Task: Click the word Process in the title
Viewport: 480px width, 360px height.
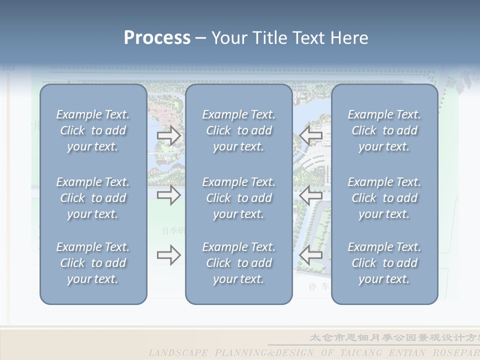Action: point(157,38)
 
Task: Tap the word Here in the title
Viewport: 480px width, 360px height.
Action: point(349,38)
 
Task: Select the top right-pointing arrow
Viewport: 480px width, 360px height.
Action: point(169,135)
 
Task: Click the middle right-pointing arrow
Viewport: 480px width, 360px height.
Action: point(169,195)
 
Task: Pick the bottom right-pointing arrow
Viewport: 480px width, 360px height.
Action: point(169,255)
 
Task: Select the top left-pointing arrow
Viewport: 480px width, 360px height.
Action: point(311,135)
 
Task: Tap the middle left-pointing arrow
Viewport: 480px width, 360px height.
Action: point(311,195)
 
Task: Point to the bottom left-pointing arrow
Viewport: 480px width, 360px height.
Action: point(311,255)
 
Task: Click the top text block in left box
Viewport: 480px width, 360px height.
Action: point(93,130)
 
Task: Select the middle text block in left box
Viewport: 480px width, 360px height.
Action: point(93,198)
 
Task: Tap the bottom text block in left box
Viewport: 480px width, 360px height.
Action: point(93,263)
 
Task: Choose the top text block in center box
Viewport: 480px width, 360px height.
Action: point(239,130)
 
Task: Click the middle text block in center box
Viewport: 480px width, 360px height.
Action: point(239,198)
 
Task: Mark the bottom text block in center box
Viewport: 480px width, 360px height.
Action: point(239,263)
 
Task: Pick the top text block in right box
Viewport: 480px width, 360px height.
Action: point(384,130)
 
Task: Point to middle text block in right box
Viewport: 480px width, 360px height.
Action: point(384,198)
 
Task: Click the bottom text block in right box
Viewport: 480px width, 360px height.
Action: point(384,263)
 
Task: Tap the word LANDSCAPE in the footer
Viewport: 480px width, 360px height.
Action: point(178,353)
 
